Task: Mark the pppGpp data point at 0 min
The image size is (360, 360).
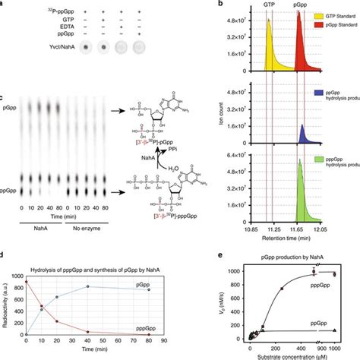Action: [x=26, y=281]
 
